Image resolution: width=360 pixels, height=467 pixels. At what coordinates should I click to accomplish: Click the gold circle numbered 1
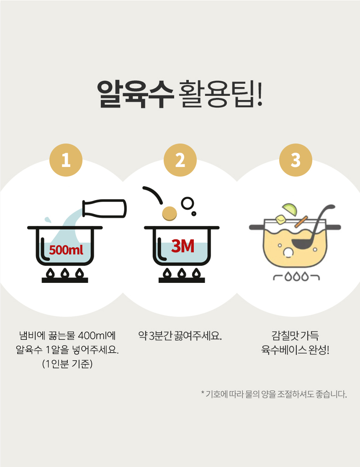pyautogui.click(x=66, y=160)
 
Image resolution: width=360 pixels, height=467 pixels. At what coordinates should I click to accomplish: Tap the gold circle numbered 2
pyautogui.click(x=180, y=160)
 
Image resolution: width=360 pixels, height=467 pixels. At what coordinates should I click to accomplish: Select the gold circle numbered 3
pyautogui.click(x=296, y=160)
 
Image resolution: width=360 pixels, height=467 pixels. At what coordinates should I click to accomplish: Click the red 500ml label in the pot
pyautogui.click(x=66, y=250)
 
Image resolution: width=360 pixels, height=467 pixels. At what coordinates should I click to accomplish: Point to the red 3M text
pyautogui.click(x=183, y=246)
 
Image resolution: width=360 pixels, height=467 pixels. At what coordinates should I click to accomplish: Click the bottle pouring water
pyautogui.click(x=104, y=208)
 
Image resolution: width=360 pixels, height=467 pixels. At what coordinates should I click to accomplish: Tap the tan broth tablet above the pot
pyautogui.click(x=169, y=213)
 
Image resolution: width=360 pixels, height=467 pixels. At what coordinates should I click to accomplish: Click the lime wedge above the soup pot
pyautogui.click(x=290, y=209)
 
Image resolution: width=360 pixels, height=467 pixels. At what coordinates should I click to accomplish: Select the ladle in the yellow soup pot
pyautogui.click(x=310, y=229)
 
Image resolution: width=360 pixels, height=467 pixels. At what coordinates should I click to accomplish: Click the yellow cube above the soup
pyautogui.click(x=281, y=220)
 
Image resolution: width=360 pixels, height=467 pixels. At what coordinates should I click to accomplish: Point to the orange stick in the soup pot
pyautogui.click(x=301, y=222)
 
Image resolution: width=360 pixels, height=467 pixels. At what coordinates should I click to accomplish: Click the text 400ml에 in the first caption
pyautogui.click(x=97, y=336)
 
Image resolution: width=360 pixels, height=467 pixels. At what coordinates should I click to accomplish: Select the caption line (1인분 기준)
pyautogui.click(x=67, y=364)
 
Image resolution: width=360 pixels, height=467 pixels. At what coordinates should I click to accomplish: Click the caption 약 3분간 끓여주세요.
pyautogui.click(x=180, y=336)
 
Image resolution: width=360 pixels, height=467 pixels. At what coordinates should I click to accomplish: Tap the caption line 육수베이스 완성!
pyautogui.click(x=296, y=350)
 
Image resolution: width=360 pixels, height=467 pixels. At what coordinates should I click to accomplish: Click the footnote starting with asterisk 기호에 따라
pyautogui.click(x=274, y=394)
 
